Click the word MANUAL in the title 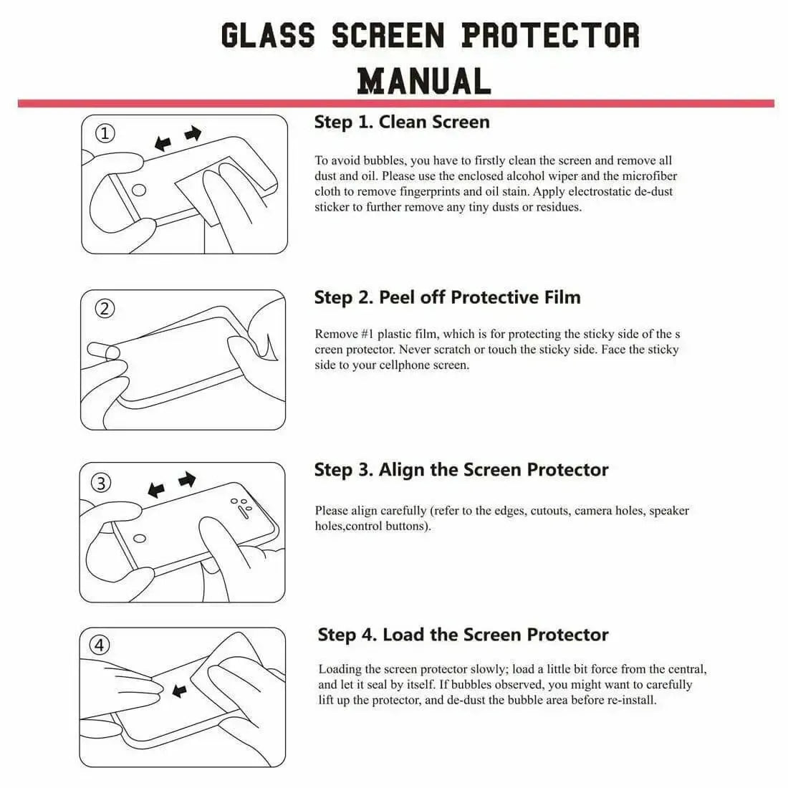[x=424, y=80]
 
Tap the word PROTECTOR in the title [x=550, y=35]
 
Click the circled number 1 [x=105, y=133]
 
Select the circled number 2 [x=105, y=309]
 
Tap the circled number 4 [x=100, y=645]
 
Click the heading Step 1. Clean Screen [x=402, y=122]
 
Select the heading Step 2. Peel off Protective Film [x=447, y=297]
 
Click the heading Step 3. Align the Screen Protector [x=461, y=470]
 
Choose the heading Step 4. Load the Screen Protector [x=463, y=635]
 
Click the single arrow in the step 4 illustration [x=179, y=691]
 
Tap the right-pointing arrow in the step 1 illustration [x=193, y=133]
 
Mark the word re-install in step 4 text [x=631, y=700]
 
